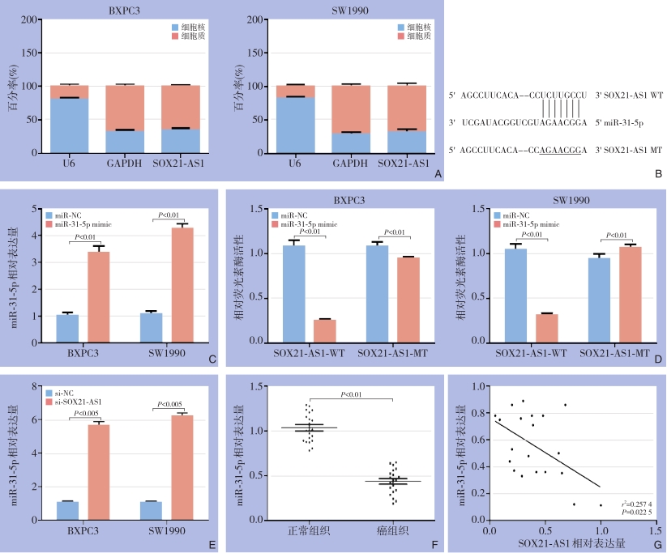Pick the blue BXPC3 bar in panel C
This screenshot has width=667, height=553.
[67, 328]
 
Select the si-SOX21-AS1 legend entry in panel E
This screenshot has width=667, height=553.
[79, 401]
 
